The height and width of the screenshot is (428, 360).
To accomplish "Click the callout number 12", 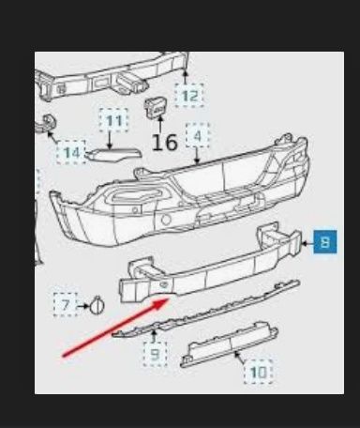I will [190, 95].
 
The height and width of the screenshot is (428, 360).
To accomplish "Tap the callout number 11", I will [114, 121].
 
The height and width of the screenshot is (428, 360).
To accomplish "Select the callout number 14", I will [70, 152].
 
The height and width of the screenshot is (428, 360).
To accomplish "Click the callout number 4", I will [197, 137].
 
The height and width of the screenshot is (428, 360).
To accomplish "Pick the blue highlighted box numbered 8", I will [324, 243].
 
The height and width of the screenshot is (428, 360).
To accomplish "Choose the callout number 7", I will [66, 304].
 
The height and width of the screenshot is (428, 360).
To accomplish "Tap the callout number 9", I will [155, 354].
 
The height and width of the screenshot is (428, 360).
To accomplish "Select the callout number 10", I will [257, 373].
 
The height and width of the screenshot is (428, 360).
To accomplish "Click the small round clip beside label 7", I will [97, 304].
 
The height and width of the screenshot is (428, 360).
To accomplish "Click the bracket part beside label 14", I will [43, 129].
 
